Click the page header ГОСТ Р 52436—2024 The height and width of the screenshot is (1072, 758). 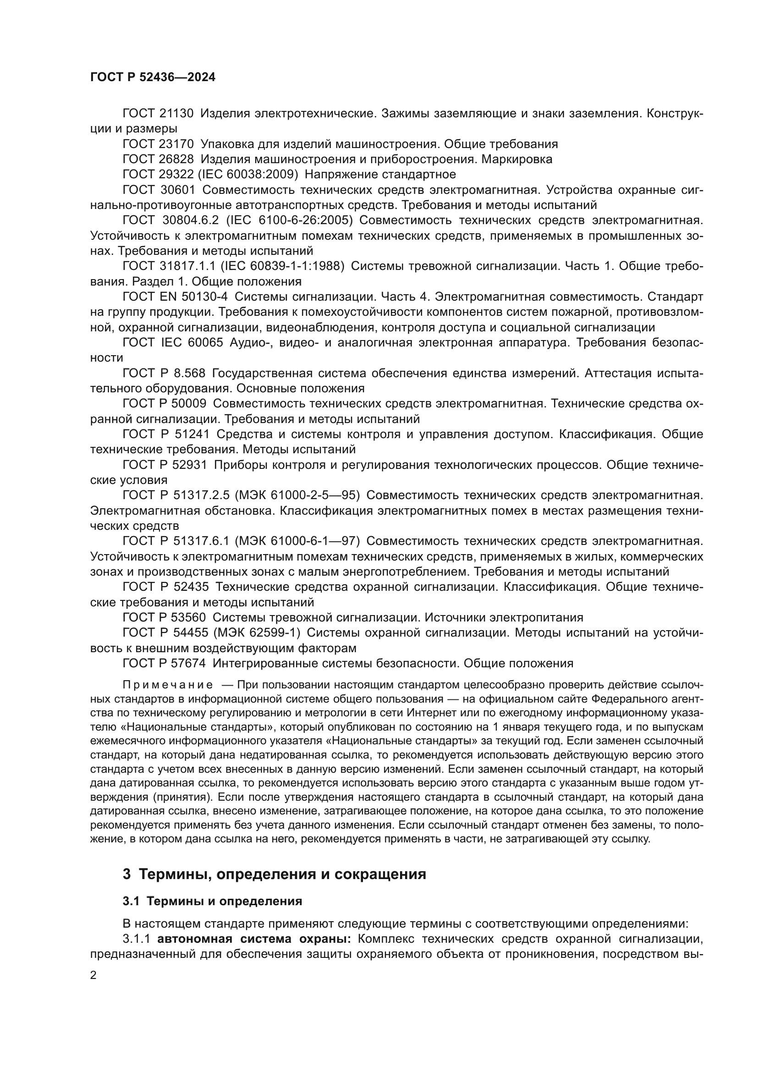pos(153,77)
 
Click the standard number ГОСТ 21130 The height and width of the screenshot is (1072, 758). pos(158,114)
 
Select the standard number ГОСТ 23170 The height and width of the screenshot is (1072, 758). pos(158,144)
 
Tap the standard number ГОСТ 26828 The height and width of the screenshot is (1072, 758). pos(158,159)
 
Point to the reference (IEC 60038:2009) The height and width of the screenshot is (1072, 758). pos(248,175)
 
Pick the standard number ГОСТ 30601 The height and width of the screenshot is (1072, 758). pos(158,190)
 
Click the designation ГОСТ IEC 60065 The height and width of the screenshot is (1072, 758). pos(173,343)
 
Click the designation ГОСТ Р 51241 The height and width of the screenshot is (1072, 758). pos(165,434)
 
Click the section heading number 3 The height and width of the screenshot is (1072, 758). pos(126,874)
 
